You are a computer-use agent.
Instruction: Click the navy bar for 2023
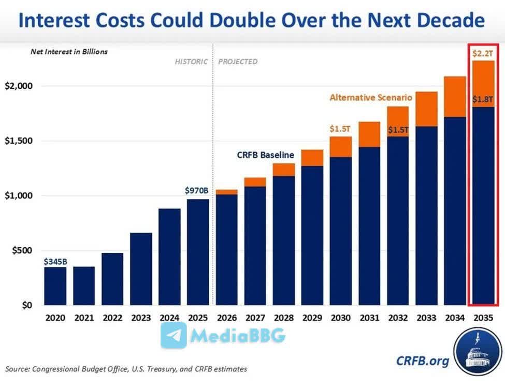tap(141, 269)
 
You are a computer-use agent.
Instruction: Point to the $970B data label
tap(198, 190)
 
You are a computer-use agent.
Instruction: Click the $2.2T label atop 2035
tap(482, 52)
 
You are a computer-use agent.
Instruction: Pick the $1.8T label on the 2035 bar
tap(482, 99)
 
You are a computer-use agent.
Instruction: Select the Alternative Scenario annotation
tap(371, 97)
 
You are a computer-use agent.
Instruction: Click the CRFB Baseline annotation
tap(266, 154)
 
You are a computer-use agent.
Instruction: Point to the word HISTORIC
tap(191, 62)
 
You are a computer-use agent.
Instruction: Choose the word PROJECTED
tap(238, 62)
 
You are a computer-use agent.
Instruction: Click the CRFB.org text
tap(422, 361)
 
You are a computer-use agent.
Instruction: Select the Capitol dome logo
tap(479, 356)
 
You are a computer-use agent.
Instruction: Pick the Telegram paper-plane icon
tap(174, 335)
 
